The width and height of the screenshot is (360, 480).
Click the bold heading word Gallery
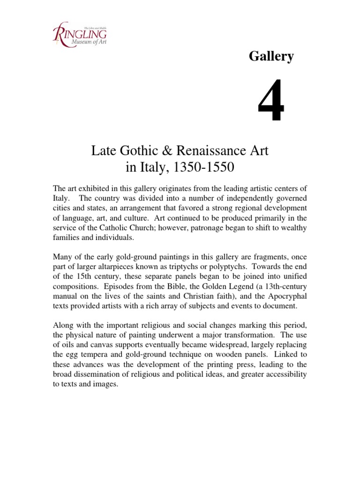coord(271,57)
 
